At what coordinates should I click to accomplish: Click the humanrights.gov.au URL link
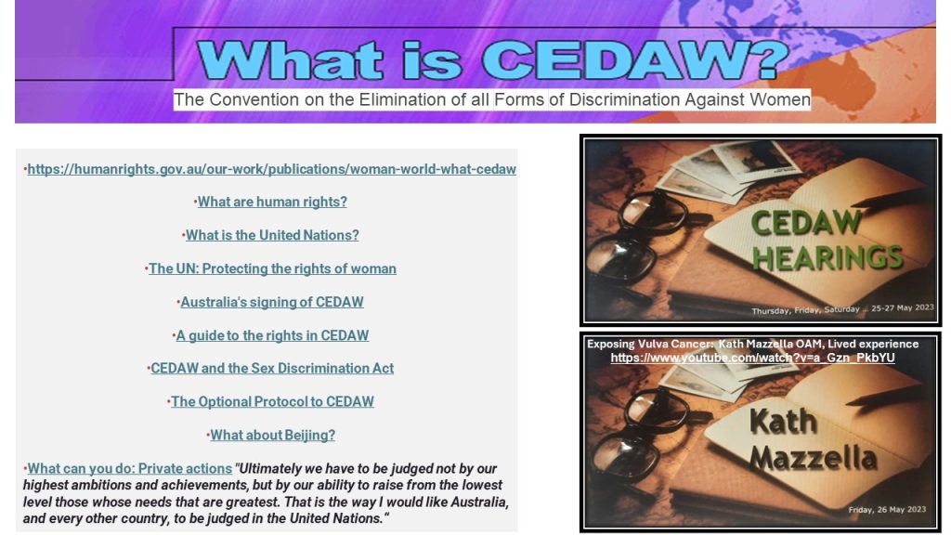click(272, 169)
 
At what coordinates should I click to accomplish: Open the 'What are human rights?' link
click(272, 202)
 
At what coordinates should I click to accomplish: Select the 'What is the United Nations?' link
click(272, 235)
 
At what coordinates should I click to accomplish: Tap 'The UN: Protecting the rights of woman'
click(272, 268)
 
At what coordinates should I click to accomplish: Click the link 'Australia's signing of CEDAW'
click(272, 302)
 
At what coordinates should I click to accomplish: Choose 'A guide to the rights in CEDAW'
click(272, 335)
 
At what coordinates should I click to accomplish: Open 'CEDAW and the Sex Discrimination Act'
click(272, 368)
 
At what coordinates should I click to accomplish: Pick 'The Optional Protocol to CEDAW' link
click(272, 401)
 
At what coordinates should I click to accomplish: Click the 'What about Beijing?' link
click(272, 435)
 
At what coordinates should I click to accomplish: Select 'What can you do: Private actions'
click(130, 468)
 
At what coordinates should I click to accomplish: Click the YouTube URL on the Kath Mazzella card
click(752, 358)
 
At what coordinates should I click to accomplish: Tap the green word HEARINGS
click(827, 258)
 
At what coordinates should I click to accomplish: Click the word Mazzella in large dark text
click(813, 458)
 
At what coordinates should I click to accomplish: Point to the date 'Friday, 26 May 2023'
click(887, 510)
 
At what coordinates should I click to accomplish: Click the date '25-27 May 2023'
click(902, 308)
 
